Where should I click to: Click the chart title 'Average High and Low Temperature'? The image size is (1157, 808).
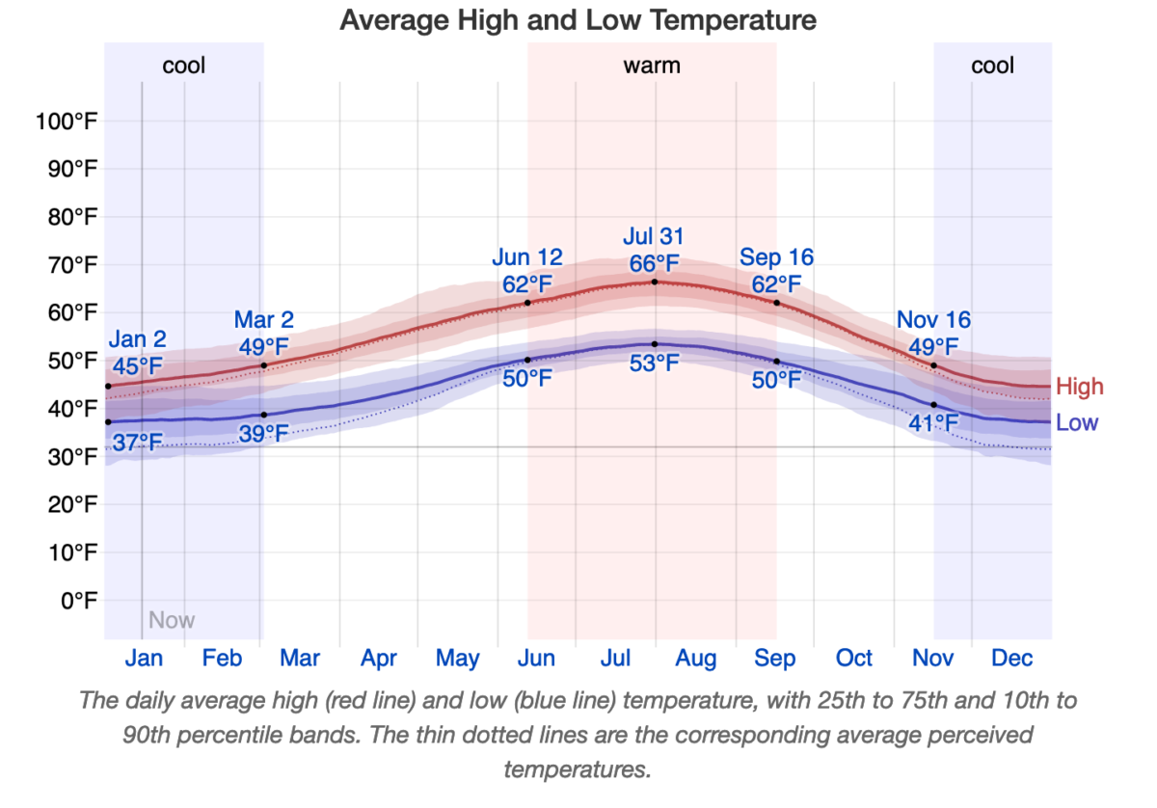tap(578, 19)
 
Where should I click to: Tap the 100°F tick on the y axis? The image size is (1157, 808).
tap(65, 121)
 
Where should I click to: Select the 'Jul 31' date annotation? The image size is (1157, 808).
tap(654, 237)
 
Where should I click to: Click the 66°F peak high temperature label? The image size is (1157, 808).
tap(654, 263)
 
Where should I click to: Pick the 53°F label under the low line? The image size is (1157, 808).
tap(654, 364)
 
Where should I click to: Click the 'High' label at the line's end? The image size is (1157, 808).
tap(1079, 388)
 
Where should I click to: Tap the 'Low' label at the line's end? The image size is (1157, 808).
tap(1077, 422)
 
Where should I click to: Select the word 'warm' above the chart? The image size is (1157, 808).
tap(652, 66)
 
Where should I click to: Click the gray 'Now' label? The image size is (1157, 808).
tap(172, 620)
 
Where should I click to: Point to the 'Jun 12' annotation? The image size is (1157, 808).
tap(527, 257)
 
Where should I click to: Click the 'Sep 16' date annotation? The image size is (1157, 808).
tap(776, 257)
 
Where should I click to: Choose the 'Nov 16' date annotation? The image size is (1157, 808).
tap(933, 320)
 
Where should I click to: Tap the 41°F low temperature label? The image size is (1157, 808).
tap(933, 422)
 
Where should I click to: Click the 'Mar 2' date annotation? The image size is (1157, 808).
tap(264, 320)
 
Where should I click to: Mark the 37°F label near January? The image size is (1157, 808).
tap(137, 443)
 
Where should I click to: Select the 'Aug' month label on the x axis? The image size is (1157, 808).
tap(695, 659)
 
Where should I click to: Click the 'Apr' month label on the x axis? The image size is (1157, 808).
tap(379, 659)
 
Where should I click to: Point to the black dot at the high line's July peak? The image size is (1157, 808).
tap(655, 282)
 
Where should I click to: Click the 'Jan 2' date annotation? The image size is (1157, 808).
tap(137, 339)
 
